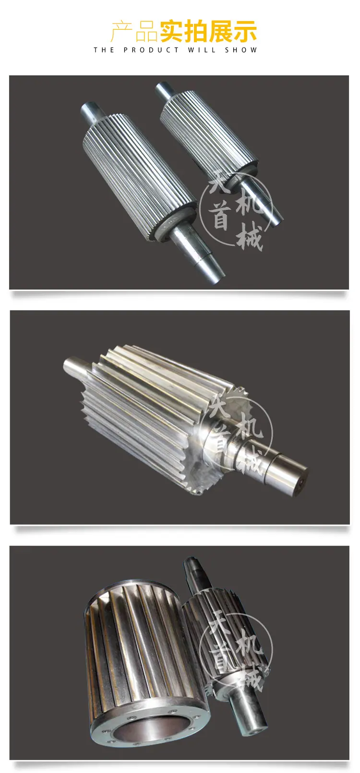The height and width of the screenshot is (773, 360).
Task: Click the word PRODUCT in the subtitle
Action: coord(151,50)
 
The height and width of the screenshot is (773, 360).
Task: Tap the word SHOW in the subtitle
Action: coord(241,50)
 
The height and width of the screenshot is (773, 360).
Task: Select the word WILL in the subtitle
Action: coord(202,50)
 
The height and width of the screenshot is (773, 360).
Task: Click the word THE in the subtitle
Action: coord(104,50)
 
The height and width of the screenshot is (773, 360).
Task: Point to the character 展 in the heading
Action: coord(221,31)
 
